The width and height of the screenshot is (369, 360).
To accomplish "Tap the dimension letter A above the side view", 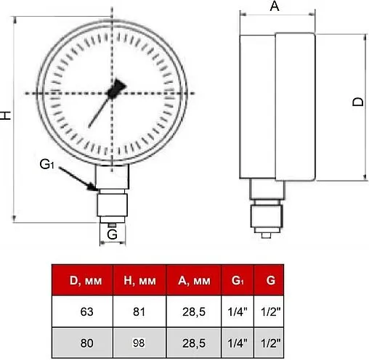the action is pyautogui.click(x=275, y=6).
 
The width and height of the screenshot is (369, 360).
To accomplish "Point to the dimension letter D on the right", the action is pyautogui.click(x=358, y=102).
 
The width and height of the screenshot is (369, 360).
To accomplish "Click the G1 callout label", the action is pyautogui.click(x=46, y=164).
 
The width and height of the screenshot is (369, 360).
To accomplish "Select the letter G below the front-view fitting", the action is pyautogui.click(x=112, y=234).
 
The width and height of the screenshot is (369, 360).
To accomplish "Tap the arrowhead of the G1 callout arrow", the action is pyautogui.click(x=93, y=187).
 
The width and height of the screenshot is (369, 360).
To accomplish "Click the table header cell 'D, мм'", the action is pyautogui.click(x=82, y=280).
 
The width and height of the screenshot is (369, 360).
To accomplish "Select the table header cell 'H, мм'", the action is pyautogui.click(x=139, y=280).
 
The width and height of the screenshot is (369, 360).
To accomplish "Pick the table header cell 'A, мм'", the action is pyautogui.click(x=194, y=280).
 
